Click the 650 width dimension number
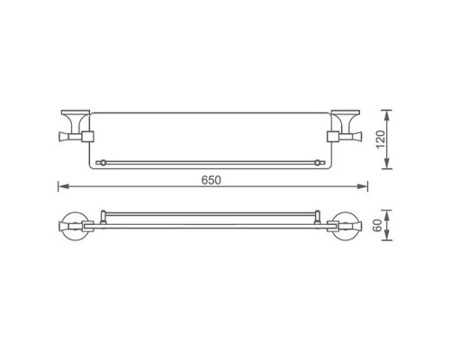tap(211, 179)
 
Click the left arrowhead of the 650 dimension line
tap(63, 187)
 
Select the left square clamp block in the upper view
tap(88, 136)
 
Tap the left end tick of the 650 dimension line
tap(58, 187)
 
